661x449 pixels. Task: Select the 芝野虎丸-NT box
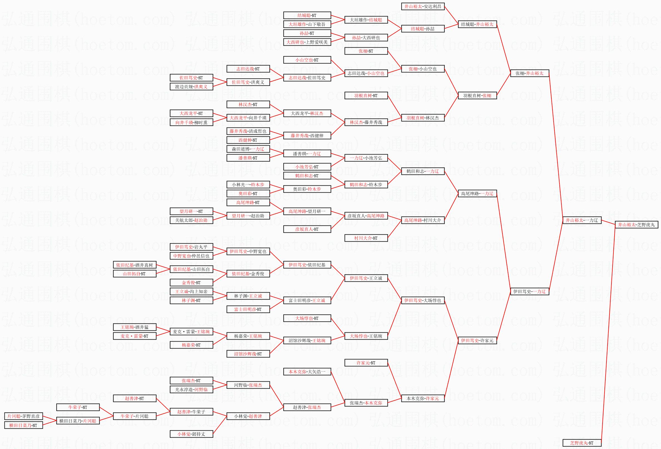(x=582, y=443)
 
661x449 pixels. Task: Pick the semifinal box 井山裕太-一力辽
(x=582, y=220)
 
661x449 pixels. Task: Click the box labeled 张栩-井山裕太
(x=529, y=73)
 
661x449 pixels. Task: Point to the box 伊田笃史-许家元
(x=477, y=341)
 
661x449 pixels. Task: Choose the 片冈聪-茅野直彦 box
(x=23, y=416)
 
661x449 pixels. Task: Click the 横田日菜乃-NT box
(x=23, y=425)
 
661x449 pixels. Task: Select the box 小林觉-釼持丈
(x=191, y=434)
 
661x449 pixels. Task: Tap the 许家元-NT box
(x=366, y=363)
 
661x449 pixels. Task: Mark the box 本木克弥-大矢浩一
(x=307, y=372)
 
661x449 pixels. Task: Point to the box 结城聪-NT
(x=307, y=15)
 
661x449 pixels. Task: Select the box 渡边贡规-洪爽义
(x=191, y=87)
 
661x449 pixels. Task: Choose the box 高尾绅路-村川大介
(x=423, y=220)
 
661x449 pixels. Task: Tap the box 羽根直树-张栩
(x=477, y=96)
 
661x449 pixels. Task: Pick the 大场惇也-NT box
(x=307, y=318)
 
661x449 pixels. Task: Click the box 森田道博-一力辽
(x=248, y=149)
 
